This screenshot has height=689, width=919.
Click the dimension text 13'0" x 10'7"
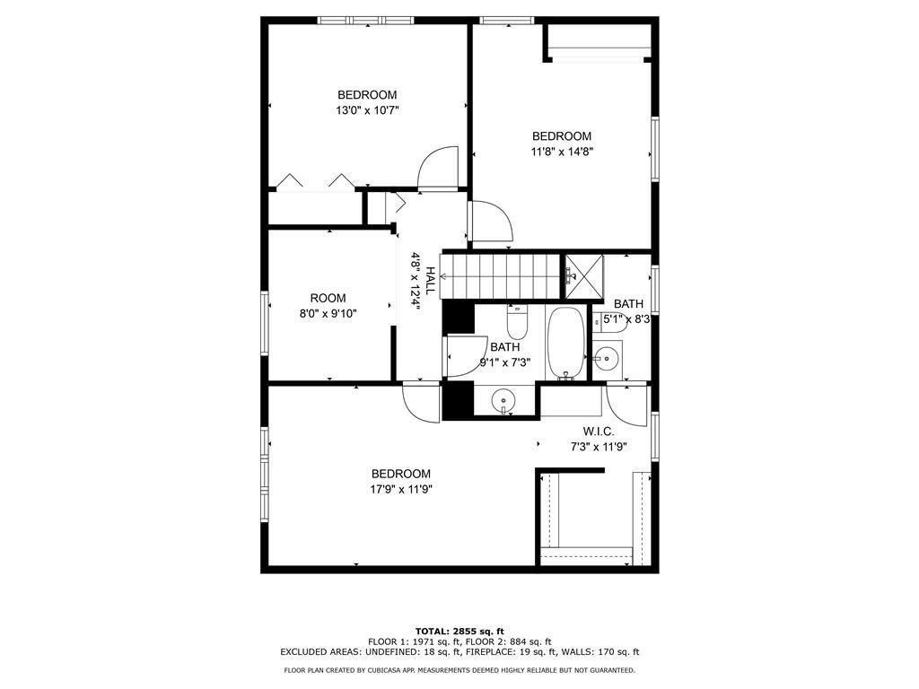click(367, 110)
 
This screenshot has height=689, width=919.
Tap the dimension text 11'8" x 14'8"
click(562, 152)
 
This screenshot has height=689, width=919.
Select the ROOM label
click(328, 298)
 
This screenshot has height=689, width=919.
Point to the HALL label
click(431, 282)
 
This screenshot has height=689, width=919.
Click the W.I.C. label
click(598, 431)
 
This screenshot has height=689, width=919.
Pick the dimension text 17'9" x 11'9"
click(401, 489)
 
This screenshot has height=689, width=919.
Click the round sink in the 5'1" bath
click(606, 358)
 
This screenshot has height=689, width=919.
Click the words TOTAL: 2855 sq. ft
click(459, 631)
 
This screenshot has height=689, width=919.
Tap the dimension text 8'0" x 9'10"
click(328, 313)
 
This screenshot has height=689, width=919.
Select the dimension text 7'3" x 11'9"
click(598, 446)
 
